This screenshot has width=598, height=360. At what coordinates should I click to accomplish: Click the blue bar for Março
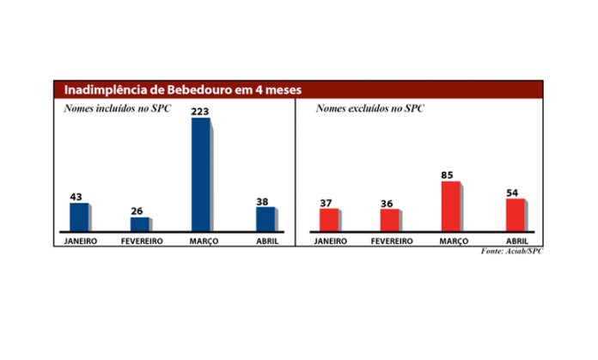tap(200, 174)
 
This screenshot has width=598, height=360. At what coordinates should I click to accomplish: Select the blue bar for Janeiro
tap(78, 217)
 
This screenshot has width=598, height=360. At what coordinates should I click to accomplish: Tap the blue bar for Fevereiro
tap(139, 223)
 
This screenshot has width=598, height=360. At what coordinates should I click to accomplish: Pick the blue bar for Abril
tap(265, 218)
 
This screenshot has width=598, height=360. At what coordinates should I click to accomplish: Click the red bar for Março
tap(450, 206)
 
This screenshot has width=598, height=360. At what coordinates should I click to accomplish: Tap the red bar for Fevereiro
tap(389, 220)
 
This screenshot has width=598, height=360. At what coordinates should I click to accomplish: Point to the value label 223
tap(200, 112)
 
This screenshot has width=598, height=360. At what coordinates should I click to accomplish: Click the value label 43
tap(77, 197)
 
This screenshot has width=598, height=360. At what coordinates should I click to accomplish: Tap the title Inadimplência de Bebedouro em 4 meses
tap(178, 90)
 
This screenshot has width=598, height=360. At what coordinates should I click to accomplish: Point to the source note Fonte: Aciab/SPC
tap(512, 251)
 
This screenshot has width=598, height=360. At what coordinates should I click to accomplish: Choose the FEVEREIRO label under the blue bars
tap(140, 241)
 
